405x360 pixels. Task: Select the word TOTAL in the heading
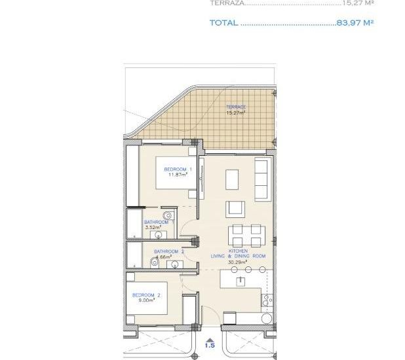pyautogui.click(x=223, y=23)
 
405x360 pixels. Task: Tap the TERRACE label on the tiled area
pyautogui.click(x=236, y=107)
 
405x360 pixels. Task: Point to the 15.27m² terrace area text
pyautogui.click(x=236, y=113)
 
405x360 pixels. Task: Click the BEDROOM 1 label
pyautogui.click(x=178, y=169)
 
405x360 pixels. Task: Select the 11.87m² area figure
pyautogui.click(x=178, y=175)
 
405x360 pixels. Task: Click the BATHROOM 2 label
pyautogui.click(x=169, y=251)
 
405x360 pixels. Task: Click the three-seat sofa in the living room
pyautogui.click(x=261, y=179)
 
